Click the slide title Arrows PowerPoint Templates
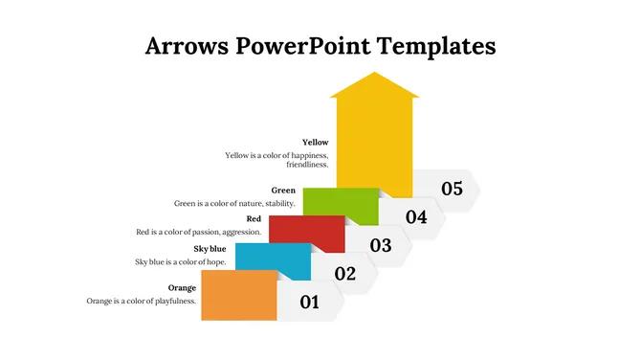tap(320, 45)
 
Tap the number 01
tap(310, 303)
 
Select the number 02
tap(345, 274)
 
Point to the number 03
tap(381, 245)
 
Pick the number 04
tap(416, 216)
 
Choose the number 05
tap(452, 189)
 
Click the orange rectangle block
tap(239, 295)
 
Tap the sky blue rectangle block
tap(273, 261)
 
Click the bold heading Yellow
tap(315, 143)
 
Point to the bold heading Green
tap(283, 190)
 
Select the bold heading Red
tap(254, 218)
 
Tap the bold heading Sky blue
tap(210, 249)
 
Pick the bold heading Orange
tap(182, 287)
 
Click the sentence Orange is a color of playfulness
tap(142, 301)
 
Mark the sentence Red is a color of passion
tap(199, 232)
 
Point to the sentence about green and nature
tap(234, 203)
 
